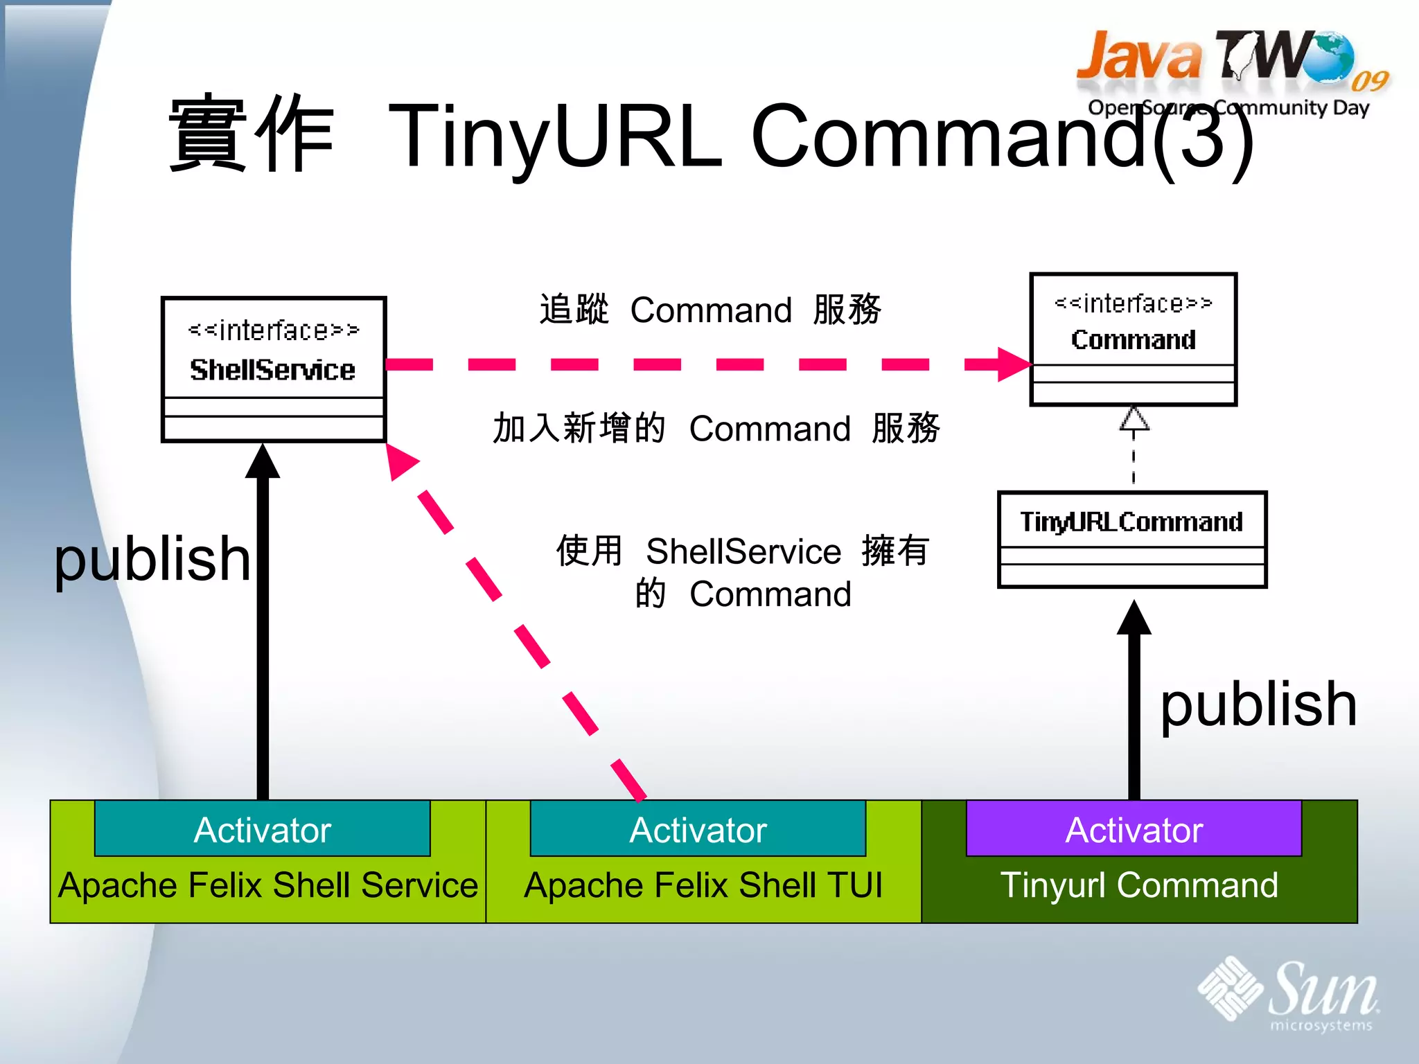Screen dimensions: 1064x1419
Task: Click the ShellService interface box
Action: pos(274,369)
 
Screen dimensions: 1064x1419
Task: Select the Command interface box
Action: pos(1133,339)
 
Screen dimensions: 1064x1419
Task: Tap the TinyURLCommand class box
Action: pos(1131,539)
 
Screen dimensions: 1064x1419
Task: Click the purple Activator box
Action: pos(1134,829)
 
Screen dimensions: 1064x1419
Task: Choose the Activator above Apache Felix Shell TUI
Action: pos(698,829)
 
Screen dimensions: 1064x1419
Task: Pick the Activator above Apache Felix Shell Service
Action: pos(262,829)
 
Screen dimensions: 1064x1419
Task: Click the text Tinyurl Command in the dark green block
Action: pos(1139,885)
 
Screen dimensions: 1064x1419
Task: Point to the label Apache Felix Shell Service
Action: pos(268,885)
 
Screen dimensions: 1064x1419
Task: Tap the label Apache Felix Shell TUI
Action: pos(703,885)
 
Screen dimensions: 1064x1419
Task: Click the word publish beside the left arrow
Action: pos(152,560)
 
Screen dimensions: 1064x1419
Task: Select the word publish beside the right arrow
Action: pos(1258,705)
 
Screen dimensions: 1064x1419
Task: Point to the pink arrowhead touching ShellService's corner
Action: pos(400,461)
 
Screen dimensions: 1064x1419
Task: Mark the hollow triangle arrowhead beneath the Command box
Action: pos(1134,419)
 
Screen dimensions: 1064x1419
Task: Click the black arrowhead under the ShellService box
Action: pos(263,463)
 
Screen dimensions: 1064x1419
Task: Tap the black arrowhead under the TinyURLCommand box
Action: pos(1134,619)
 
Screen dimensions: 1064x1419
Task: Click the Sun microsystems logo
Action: pos(1289,992)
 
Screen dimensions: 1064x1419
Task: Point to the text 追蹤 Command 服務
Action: pos(710,310)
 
